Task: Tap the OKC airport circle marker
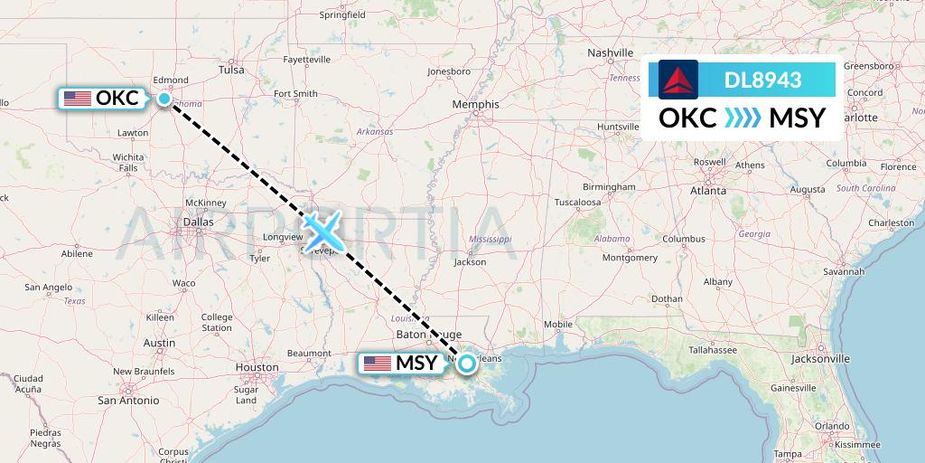(164, 99)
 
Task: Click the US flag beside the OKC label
(77, 99)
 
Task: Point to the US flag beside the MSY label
(378, 364)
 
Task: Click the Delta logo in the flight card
(678, 80)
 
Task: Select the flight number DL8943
(762, 80)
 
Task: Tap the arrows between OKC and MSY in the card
(743, 118)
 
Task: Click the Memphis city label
(475, 105)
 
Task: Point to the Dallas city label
(198, 221)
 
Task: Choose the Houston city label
(257, 367)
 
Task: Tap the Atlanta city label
(708, 191)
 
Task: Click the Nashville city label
(611, 52)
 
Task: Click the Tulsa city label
(232, 69)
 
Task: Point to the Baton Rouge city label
(418, 335)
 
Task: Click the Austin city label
(159, 343)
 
